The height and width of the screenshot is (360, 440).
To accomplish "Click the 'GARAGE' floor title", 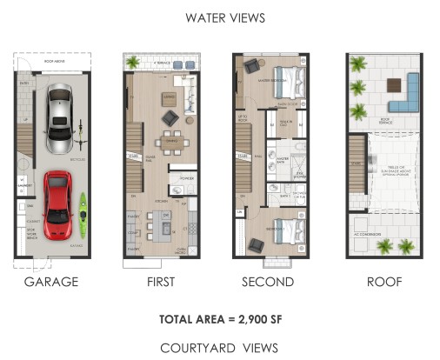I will tap(51, 282).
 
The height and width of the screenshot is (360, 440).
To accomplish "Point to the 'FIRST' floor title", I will tap(161, 282).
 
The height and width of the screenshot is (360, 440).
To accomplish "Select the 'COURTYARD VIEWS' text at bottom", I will tap(219, 347).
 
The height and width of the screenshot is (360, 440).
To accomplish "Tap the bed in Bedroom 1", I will tap(290, 231).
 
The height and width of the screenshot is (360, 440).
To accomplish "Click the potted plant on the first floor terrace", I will tap(133, 62).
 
